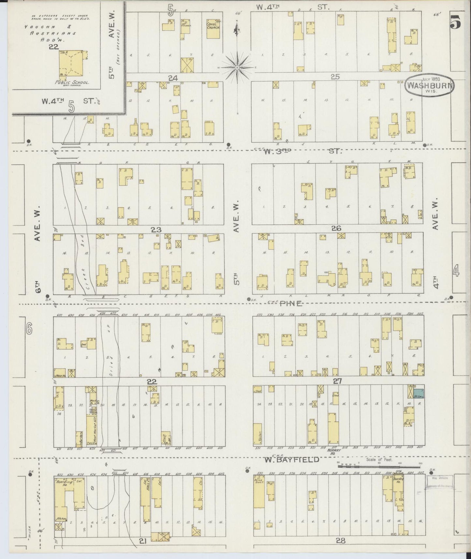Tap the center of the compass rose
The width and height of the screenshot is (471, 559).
(x=238, y=68)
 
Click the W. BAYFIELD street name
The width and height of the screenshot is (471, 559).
(x=291, y=460)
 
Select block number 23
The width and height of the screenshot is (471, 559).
(x=156, y=229)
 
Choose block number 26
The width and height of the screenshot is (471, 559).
(x=336, y=229)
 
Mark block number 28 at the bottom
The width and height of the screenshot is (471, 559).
(x=341, y=541)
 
